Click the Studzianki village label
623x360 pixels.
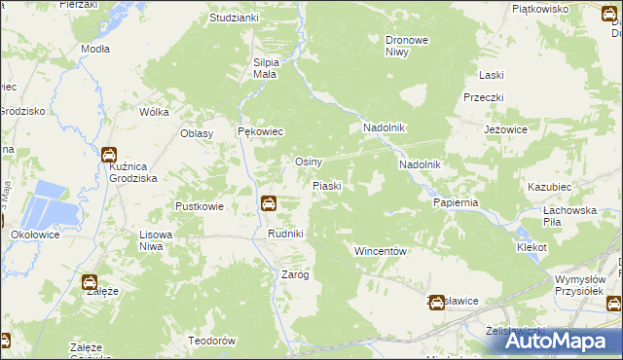click(235, 18)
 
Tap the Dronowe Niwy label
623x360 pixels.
click(408, 46)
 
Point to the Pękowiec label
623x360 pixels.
click(260, 131)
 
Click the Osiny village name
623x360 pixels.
click(309, 162)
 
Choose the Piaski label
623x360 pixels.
click(325, 185)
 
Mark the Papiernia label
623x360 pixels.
click(456, 202)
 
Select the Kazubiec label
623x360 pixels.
click(547, 185)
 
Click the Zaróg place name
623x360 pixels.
click(295, 274)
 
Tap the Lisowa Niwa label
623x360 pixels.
click(164, 240)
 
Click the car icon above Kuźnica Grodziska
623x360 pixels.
click(108, 154)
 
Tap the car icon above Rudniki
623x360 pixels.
click(269, 203)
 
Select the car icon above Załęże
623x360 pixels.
click(90, 282)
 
